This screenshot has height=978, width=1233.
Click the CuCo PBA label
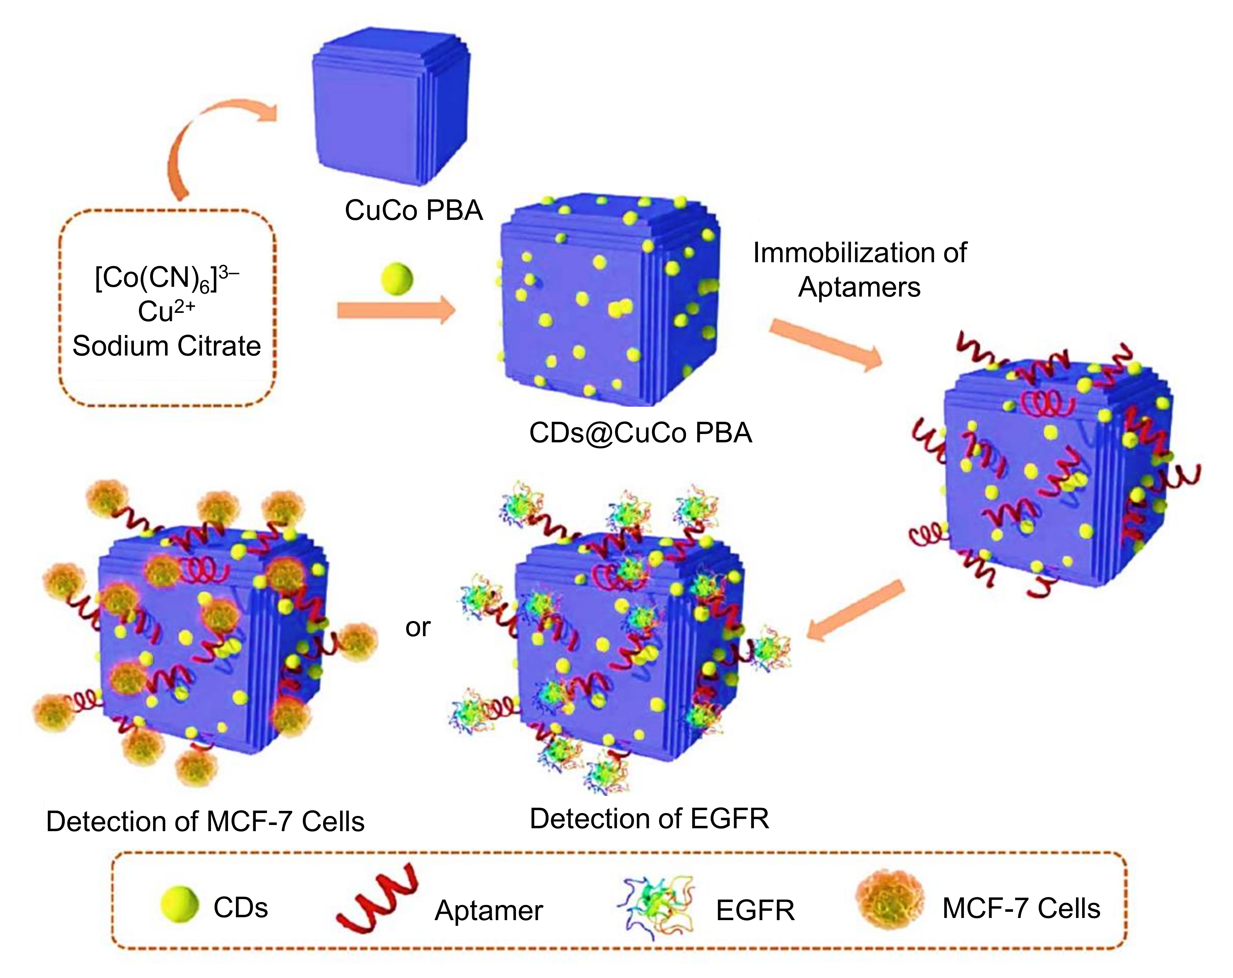(x=414, y=211)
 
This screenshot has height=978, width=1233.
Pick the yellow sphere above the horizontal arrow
(x=397, y=279)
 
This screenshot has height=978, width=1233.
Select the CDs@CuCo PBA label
(x=640, y=433)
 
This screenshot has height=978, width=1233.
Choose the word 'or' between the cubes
(x=418, y=628)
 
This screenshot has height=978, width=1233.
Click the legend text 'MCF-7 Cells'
(x=1021, y=908)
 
